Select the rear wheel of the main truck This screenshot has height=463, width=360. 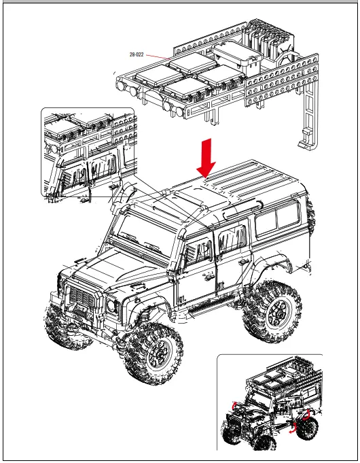tap(275, 312)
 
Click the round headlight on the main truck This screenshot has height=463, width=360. tap(110, 307)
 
